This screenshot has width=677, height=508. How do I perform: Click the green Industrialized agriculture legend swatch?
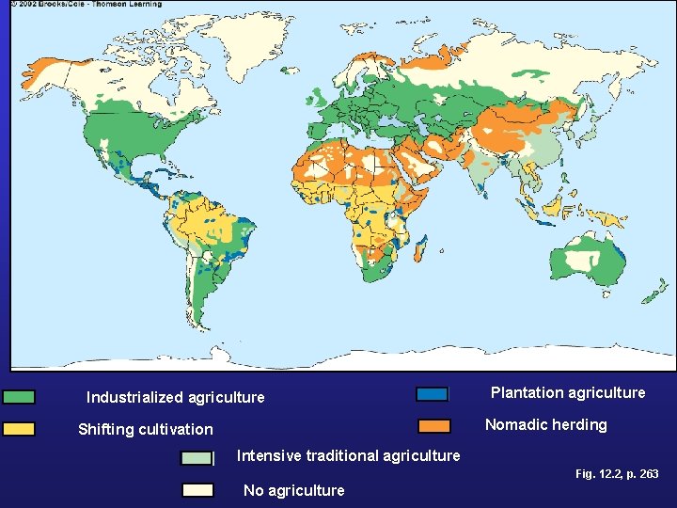(18, 397)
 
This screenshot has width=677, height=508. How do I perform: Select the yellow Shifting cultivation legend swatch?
(18, 429)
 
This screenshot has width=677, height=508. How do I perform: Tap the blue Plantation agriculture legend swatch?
(433, 393)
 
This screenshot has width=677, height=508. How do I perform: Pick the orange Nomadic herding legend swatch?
(433, 425)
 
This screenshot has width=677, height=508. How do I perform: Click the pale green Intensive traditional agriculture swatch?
(197, 458)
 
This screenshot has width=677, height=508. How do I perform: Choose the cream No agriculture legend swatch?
(197, 489)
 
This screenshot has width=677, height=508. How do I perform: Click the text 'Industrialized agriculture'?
(175, 397)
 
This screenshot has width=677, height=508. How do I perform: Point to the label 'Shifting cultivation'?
(145, 429)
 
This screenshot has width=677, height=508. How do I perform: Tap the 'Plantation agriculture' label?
(568, 392)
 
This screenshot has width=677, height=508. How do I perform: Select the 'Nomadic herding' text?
(545, 424)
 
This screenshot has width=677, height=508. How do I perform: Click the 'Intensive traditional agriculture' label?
(348, 455)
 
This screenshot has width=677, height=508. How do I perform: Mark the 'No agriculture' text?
(293, 489)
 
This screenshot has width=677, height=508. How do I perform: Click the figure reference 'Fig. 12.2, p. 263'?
(616, 474)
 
